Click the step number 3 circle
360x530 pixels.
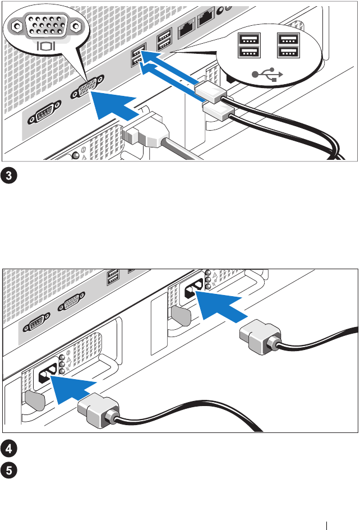click(9, 176)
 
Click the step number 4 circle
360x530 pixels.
click(9, 449)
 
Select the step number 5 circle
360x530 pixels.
click(9, 471)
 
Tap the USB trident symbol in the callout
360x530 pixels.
click(267, 74)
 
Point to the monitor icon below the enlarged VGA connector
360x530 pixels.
click(45, 45)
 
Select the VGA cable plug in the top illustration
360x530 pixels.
click(145, 134)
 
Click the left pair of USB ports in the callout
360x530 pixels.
click(249, 45)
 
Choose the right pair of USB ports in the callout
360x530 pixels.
click(288, 45)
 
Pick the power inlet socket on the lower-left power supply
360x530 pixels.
click(47, 375)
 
